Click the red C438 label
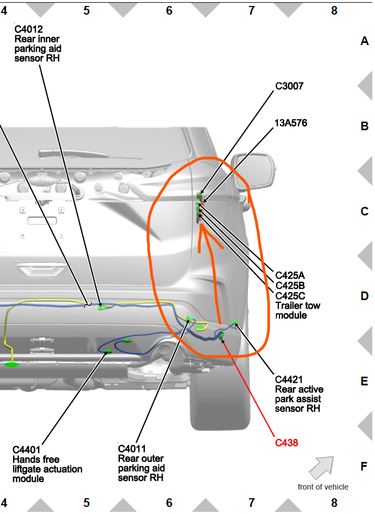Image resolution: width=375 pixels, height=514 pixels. click(287, 442)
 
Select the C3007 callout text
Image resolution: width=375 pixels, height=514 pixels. click(289, 86)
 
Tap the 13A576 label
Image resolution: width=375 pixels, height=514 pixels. click(291, 123)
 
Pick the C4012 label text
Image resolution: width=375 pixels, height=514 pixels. click(29, 29)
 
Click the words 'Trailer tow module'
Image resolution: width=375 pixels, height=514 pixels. click(297, 310)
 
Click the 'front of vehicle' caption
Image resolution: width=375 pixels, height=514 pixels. click(323, 487)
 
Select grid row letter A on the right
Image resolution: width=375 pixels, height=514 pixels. click(364, 41)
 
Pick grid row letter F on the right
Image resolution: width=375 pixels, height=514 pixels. click(364, 466)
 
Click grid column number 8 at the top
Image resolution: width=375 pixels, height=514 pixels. click(334, 10)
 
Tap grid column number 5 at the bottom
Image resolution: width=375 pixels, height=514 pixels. click(86, 503)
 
